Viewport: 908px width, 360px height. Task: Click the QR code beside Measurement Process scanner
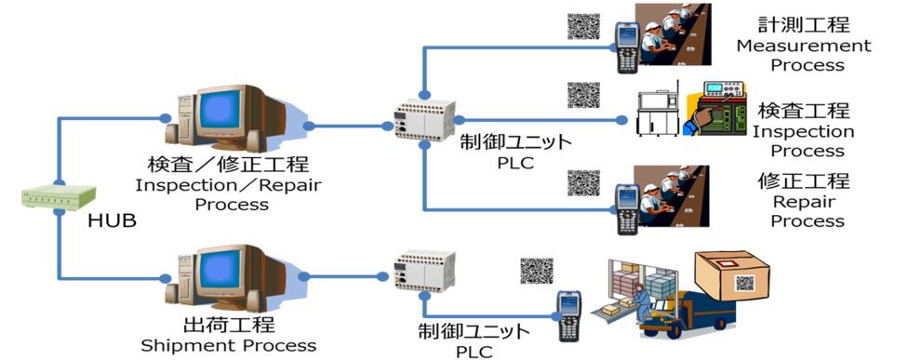(583, 24)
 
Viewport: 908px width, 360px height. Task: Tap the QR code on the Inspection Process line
(583, 96)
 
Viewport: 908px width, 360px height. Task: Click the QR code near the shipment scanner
(536, 271)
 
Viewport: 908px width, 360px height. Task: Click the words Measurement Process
(803, 55)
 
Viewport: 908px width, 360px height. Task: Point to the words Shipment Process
(228, 345)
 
